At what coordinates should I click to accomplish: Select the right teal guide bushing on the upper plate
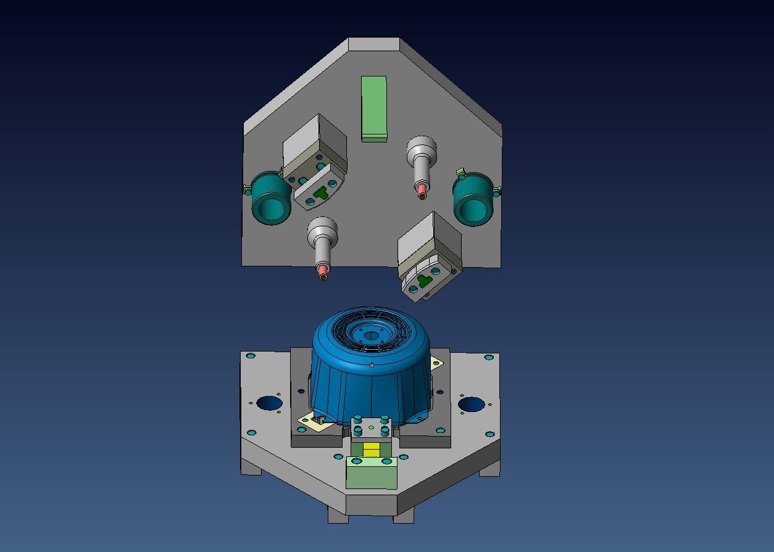coord(473,199)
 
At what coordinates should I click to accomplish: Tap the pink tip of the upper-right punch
coord(422,189)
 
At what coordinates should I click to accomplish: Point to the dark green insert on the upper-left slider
coord(320,193)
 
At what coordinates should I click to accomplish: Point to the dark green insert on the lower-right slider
coord(423,281)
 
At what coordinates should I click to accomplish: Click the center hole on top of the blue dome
coord(370,336)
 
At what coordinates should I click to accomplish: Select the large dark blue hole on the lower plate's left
coord(269,404)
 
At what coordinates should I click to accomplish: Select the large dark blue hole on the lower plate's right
coord(471,405)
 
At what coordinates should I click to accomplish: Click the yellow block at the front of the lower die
coord(371,450)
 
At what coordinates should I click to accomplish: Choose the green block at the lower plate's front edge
coord(371,475)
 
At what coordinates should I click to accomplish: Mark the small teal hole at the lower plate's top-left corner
coord(250,356)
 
